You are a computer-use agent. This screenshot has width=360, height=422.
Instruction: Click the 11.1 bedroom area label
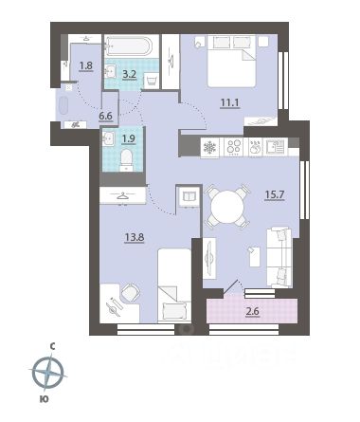[x=230, y=102]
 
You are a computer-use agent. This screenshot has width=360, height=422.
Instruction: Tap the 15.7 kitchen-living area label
[x=275, y=194]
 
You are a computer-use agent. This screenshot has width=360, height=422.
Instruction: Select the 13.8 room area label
[x=135, y=237]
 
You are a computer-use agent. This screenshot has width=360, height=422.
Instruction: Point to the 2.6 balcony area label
[x=253, y=311]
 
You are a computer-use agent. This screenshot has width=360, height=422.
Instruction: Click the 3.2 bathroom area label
[x=130, y=75]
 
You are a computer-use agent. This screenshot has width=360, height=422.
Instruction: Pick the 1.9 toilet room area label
[x=129, y=138]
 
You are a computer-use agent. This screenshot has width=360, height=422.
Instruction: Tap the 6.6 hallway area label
[x=105, y=116]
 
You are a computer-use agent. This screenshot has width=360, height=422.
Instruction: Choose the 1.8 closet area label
[x=85, y=65]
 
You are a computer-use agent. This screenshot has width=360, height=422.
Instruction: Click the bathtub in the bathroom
[x=129, y=46]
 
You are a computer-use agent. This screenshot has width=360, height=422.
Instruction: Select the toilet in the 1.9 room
[x=126, y=160]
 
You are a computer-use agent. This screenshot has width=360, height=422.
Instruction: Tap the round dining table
[x=227, y=206]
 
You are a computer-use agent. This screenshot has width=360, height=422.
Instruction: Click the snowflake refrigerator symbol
[x=209, y=147]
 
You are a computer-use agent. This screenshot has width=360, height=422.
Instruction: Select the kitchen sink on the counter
[x=276, y=147]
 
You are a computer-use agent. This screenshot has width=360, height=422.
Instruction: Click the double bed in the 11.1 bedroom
[x=231, y=61]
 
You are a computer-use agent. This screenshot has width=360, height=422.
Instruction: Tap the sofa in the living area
[x=279, y=257]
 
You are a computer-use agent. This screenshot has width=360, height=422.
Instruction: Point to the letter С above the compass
[x=52, y=347]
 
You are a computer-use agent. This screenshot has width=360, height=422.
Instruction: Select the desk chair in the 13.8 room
[x=131, y=292]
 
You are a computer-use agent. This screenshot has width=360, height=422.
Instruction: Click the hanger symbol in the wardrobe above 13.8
[x=122, y=196]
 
